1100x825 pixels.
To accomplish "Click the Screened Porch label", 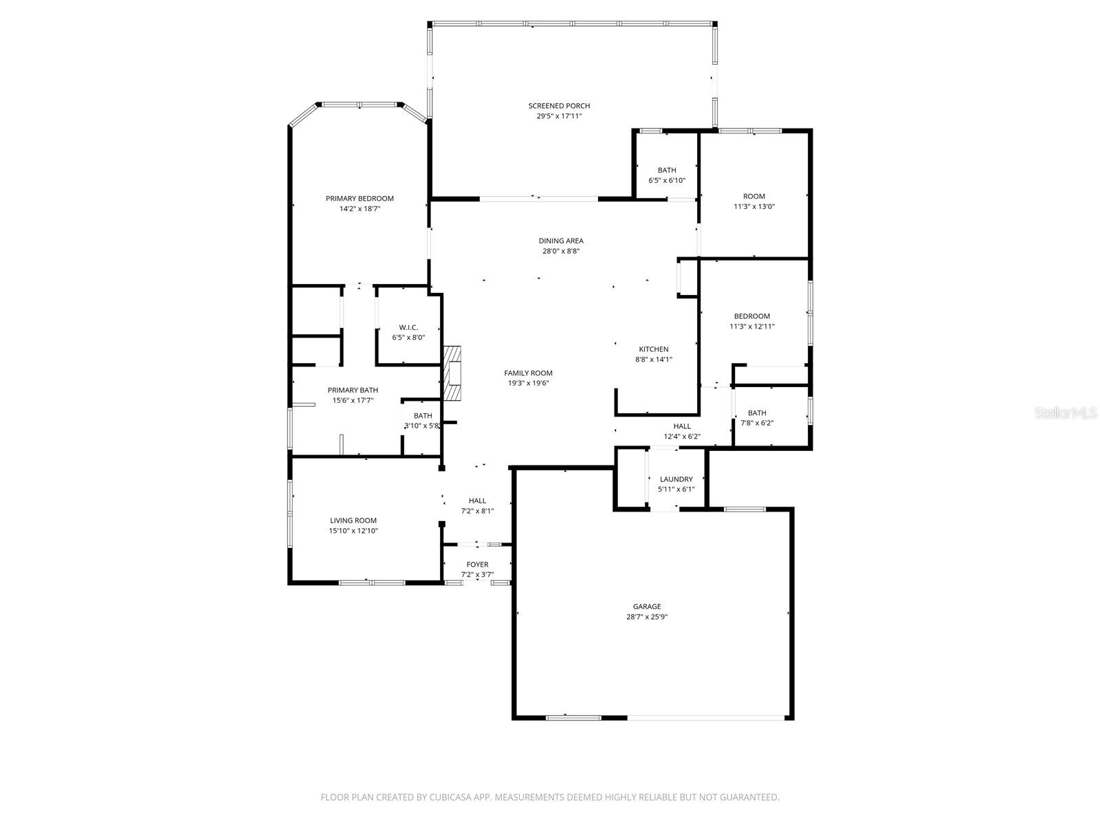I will click(x=559, y=106).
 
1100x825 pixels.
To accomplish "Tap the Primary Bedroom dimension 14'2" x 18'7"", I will click(x=360, y=209).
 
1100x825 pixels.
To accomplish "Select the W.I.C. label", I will click(x=408, y=327).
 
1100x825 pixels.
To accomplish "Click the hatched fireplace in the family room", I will click(x=452, y=373).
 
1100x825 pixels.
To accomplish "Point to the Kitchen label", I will click(x=653, y=349).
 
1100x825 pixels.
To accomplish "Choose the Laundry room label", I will click(x=676, y=479).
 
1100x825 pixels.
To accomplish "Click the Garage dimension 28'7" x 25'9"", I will click(x=647, y=617).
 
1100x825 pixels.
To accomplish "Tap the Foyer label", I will click(x=477, y=564).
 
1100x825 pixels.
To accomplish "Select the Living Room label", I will click(x=353, y=520).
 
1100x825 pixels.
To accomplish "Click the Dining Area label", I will click(x=561, y=241).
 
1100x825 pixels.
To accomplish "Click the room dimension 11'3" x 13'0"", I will click(x=753, y=206).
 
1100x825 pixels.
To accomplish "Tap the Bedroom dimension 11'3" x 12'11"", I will click(x=751, y=327).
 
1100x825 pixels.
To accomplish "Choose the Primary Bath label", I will click(x=353, y=390).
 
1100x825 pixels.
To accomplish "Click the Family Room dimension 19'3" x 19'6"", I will click(x=528, y=384).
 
